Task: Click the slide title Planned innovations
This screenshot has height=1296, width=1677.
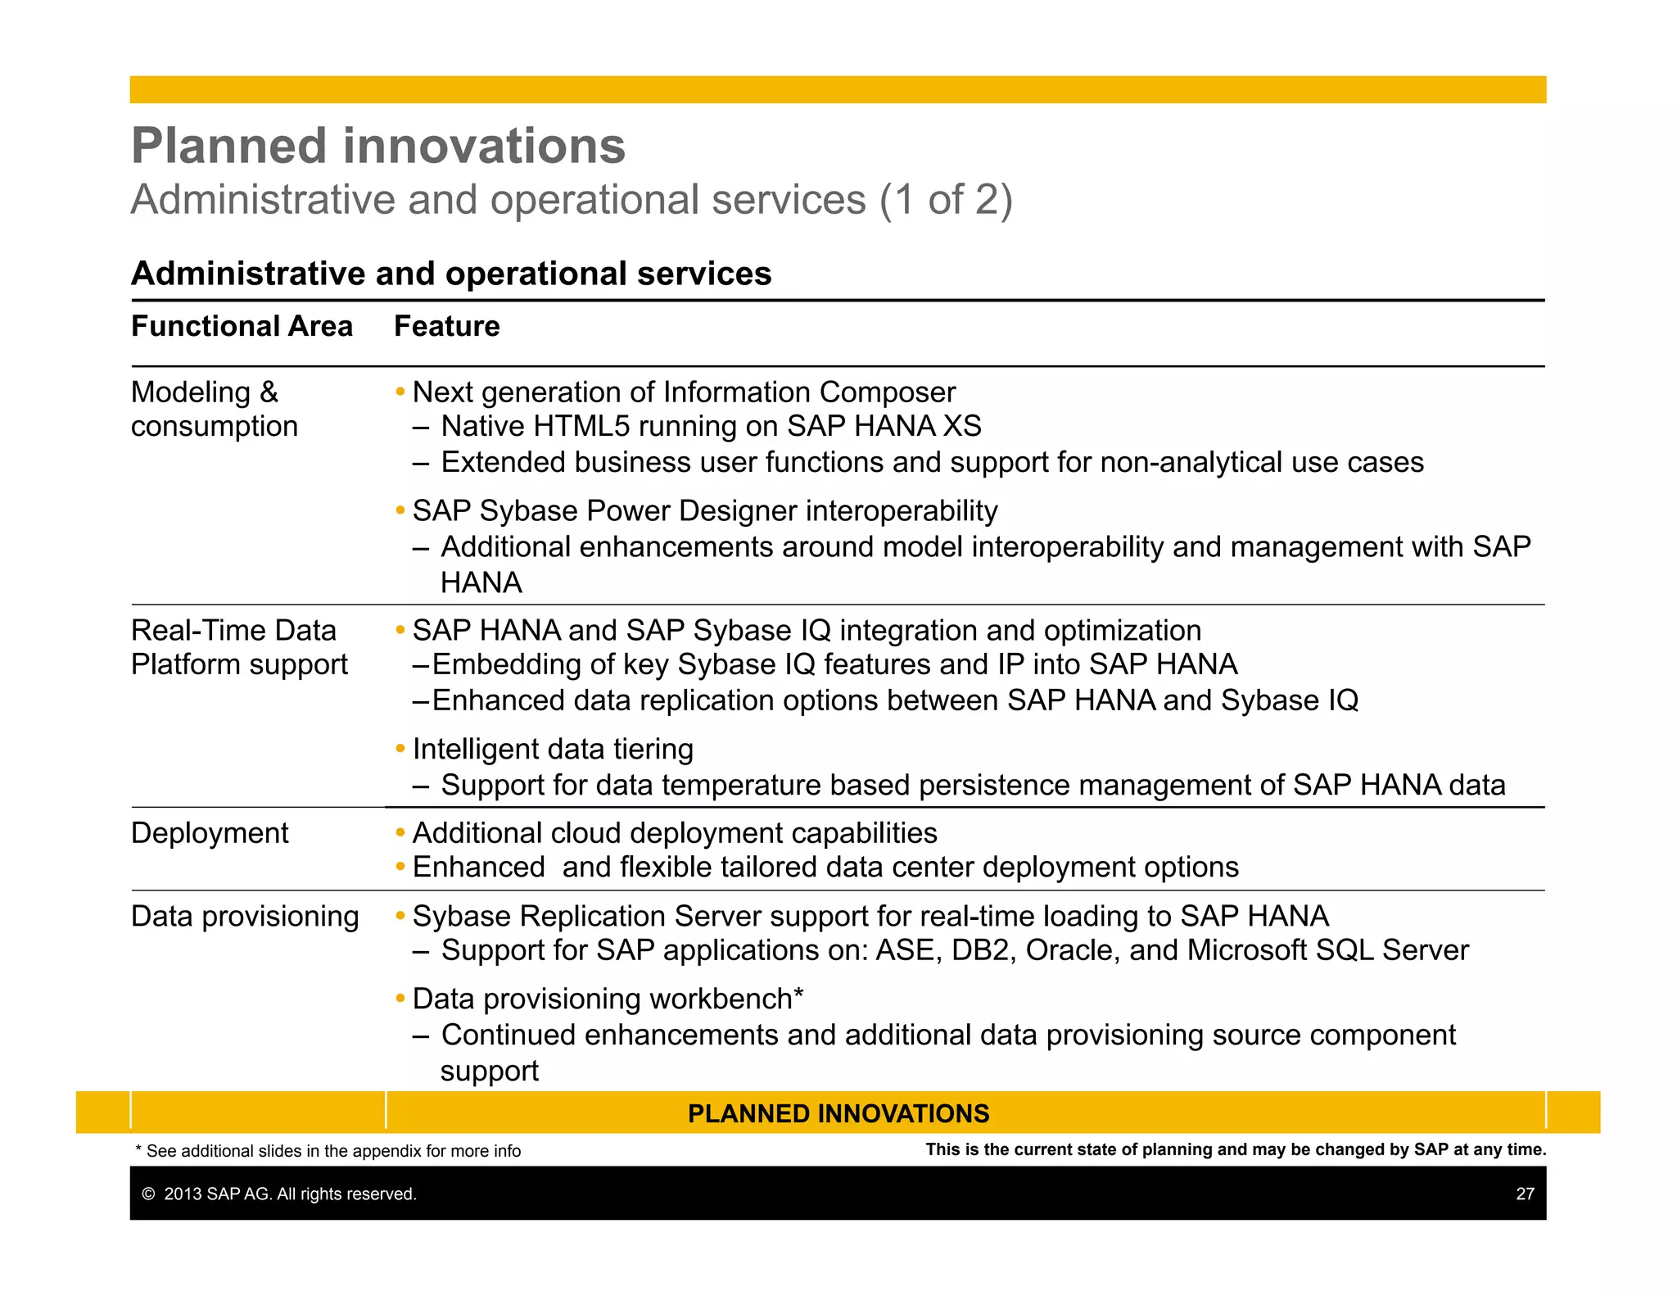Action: tap(378, 146)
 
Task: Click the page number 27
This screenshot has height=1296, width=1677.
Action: tap(1525, 1194)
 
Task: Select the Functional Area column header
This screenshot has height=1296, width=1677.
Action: tap(242, 326)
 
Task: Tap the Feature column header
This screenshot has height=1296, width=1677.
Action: tap(446, 326)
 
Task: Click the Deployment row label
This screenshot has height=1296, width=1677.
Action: tap(210, 833)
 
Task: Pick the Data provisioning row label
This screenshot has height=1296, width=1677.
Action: tap(245, 916)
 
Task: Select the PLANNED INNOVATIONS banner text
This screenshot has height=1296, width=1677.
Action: tap(838, 1113)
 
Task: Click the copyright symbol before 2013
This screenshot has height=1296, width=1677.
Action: tap(148, 1194)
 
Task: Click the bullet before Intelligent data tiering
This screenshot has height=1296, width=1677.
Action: tap(400, 749)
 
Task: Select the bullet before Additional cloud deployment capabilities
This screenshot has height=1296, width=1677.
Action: tap(400, 833)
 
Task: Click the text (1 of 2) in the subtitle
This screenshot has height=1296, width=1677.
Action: tap(946, 200)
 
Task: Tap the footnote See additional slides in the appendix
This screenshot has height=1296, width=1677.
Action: tap(328, 1151)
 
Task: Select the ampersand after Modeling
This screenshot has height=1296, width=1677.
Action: tap(269, 392)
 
